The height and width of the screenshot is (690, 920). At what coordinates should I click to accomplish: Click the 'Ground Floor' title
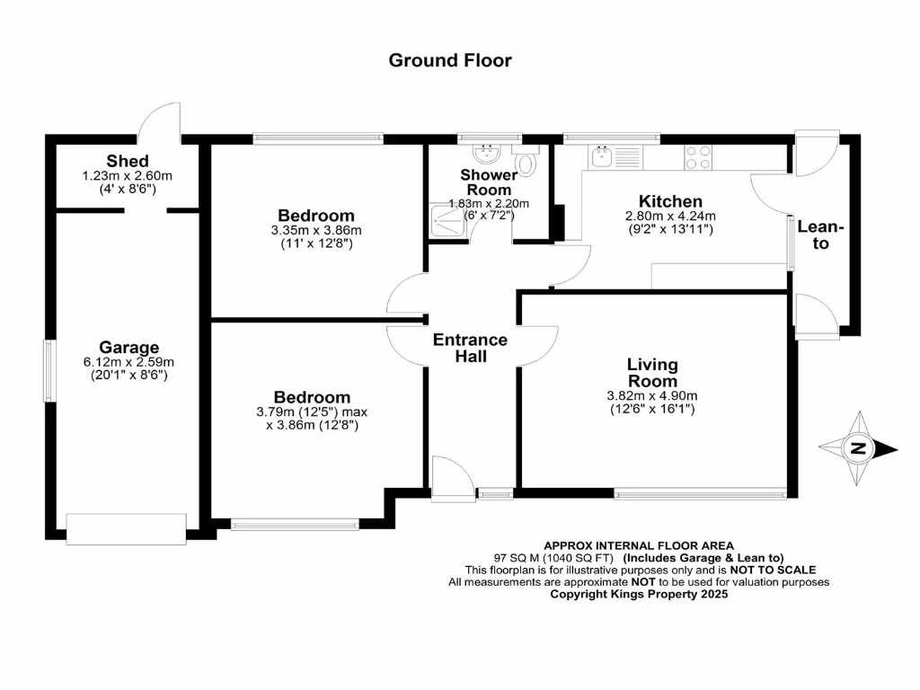pos(450,60)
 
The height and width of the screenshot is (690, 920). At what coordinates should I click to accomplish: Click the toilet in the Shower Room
pos(527,162)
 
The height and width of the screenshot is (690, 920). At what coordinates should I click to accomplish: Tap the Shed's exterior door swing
pos(162,121)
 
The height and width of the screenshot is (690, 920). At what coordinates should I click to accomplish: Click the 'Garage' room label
pos(128,348)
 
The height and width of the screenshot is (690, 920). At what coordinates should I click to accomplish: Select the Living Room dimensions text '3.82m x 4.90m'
pos(652,395)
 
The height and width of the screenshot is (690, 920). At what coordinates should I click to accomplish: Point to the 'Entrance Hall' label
pos(470,348)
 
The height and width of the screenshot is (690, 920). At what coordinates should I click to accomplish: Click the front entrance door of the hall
pos(452,476)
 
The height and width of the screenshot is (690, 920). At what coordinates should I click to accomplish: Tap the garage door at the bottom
pos(127,528)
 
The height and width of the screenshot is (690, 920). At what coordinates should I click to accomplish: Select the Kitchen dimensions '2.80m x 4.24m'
pos(670,216)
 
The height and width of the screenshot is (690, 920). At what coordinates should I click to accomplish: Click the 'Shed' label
pos(127,161)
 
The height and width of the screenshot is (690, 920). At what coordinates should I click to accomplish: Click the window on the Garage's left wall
pos(51,370)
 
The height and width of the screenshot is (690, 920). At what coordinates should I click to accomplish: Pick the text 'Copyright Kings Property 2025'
pos(638,594)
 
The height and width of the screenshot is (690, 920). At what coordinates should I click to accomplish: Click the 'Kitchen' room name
pos(670,201)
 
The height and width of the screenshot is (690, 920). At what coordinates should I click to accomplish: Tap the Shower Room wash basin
pos(490,152)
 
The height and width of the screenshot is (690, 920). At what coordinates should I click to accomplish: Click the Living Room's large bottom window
pos(700,492)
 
